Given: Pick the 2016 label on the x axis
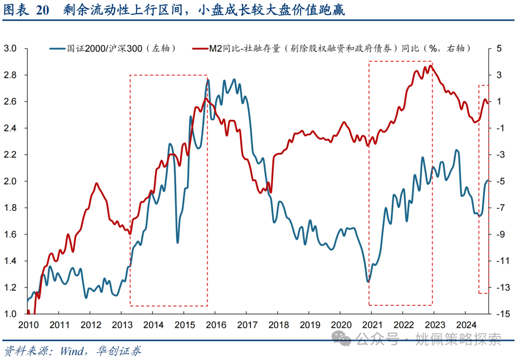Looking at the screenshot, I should pos(214,325).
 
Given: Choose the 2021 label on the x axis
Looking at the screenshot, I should pos(371,325).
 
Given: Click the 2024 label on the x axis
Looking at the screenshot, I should pos(465,325).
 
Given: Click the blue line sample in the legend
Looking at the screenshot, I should pos(58,48).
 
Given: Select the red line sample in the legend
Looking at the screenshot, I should pos(199,48).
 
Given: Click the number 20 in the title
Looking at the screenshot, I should pos(42,11).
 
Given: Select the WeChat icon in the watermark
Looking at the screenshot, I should pos(345,339).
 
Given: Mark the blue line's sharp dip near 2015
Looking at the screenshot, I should pos(177,242).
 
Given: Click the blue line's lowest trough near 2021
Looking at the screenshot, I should pos(368,282).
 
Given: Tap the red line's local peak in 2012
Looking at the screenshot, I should pos(96,183).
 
